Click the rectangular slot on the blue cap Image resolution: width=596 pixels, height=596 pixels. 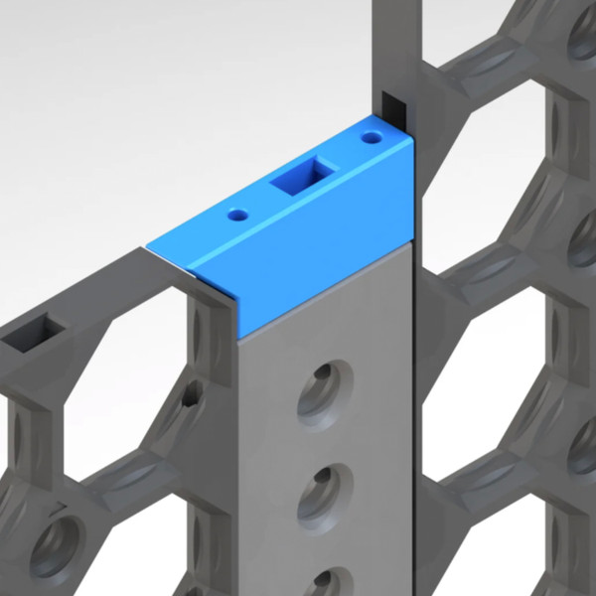tap(300, 177)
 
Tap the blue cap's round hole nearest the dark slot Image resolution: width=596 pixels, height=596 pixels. tap(372, 136)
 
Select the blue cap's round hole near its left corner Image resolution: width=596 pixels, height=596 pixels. tap(237, 214)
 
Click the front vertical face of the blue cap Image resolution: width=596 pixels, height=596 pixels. tap(328, 273)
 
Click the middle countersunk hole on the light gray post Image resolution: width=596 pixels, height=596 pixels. tap(325, 492)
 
